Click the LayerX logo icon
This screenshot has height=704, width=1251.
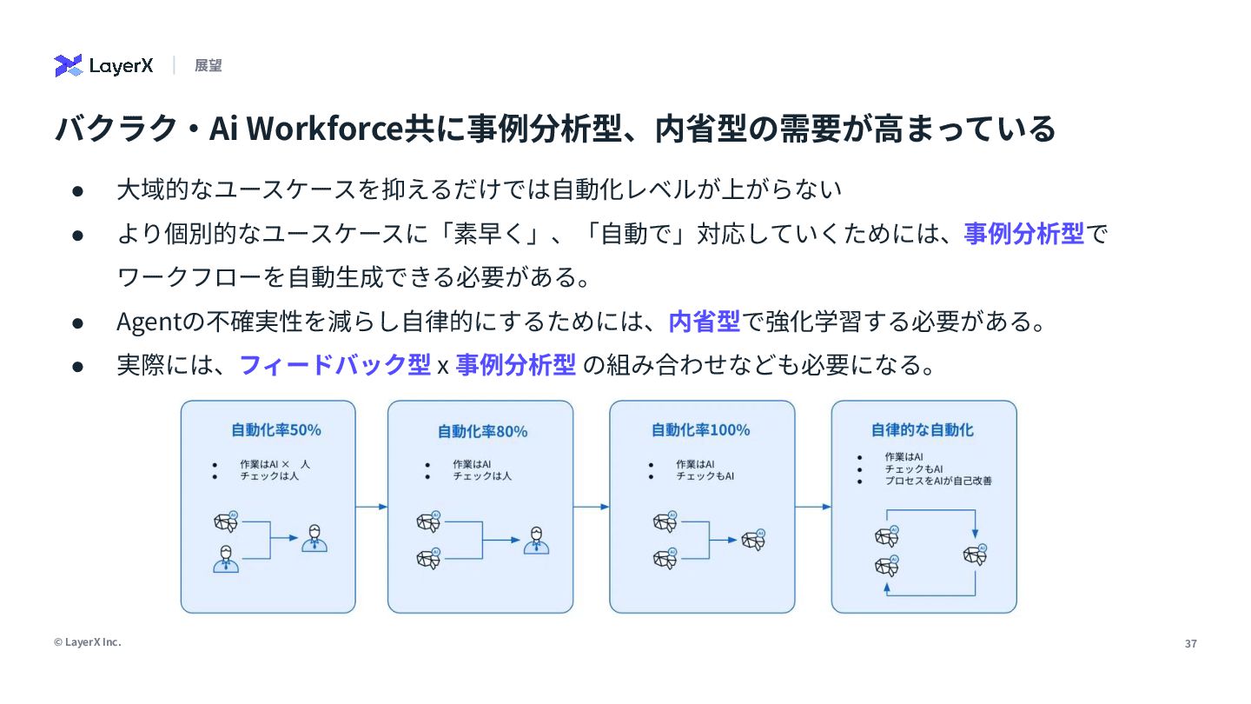pos(68,65)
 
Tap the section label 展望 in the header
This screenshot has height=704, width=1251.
pos(208,65)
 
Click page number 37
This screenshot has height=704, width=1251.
pos(1190,644)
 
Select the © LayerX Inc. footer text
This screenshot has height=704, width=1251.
pos(88,642)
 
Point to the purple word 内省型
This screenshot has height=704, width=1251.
pos(704,322)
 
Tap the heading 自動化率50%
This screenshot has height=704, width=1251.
pos(276,429)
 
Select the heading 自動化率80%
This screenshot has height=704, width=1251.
pos(482,431)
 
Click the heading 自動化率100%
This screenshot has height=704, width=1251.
pos(700,429)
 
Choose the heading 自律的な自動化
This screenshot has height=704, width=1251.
pos(923,429)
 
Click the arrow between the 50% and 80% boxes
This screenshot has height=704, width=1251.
pos(372,507)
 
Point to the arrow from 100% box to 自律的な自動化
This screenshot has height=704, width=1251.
pos(814,507)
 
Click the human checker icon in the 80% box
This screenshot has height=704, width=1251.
pos(536,541)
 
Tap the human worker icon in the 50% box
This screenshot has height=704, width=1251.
pos(226,559)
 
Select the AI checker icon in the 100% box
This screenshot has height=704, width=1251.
pos(753,540)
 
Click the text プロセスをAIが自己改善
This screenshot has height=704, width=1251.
pos(938,480)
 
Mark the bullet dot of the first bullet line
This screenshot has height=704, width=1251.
pos(77,189)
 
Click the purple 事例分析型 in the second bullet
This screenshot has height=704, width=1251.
pos(1024,234)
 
